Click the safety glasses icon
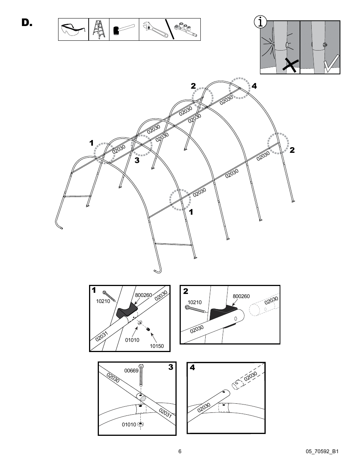[x=73, y=29]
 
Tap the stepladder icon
[x=99, y=29]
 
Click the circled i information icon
[x=259, y=22]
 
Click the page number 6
[x=180, y=451]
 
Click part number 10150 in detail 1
[x=157, y=346]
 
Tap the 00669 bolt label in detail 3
[x=131, y=371]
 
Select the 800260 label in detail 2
[x=241, y=297]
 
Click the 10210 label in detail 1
[x=103, y=301]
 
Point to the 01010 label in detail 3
[x=129, y=424]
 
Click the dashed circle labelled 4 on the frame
[x=240, y=88]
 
